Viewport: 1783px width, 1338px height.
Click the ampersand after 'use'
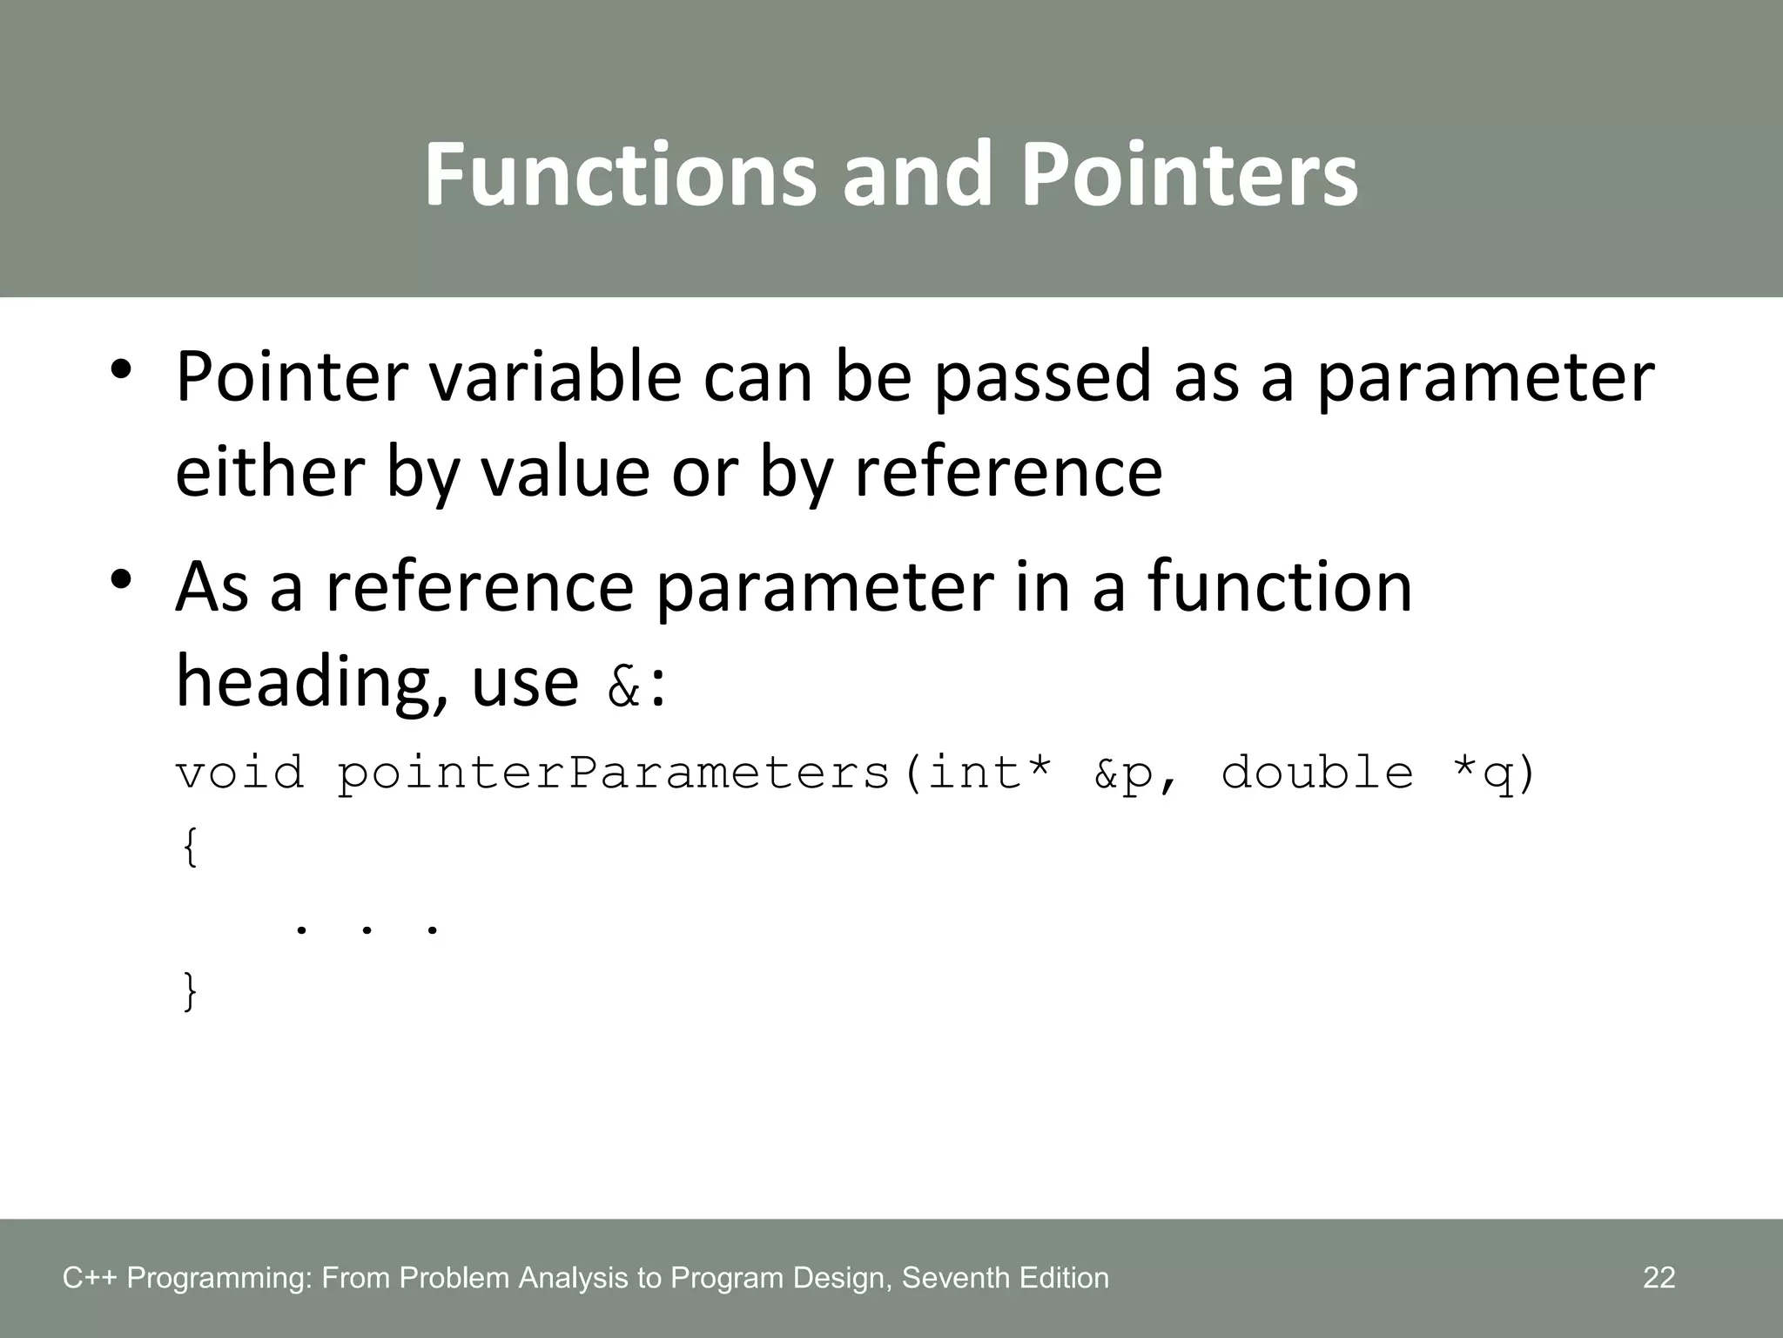623,686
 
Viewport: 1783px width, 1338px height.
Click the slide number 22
1659,1278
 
